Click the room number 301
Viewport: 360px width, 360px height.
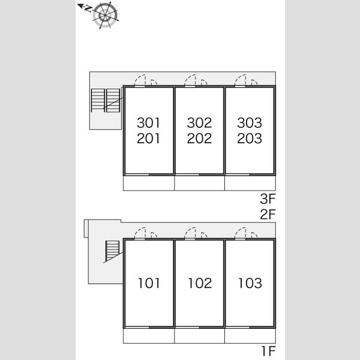(148, 123)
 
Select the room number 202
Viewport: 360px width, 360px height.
(199, 139)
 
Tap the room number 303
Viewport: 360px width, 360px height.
(250, 123)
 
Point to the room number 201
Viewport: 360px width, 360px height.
(148, 139)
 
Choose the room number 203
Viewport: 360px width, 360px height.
(250, 139)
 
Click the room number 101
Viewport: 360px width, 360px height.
(149, 283)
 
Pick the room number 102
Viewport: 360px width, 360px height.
(200, 283)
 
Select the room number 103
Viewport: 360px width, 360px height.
(250, 283)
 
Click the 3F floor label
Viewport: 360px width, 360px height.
(268, 199)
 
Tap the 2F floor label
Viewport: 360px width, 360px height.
(268, 214)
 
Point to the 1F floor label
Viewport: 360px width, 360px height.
(268, 351)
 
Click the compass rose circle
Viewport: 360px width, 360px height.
(105, 15)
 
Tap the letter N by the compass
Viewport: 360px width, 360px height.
(88, 9)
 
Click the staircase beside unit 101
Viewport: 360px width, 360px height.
(113, 250)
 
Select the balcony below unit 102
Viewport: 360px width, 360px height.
(199, 335)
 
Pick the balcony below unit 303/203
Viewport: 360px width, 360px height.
(250, 183)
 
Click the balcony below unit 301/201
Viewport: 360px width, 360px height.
(149, 183)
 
